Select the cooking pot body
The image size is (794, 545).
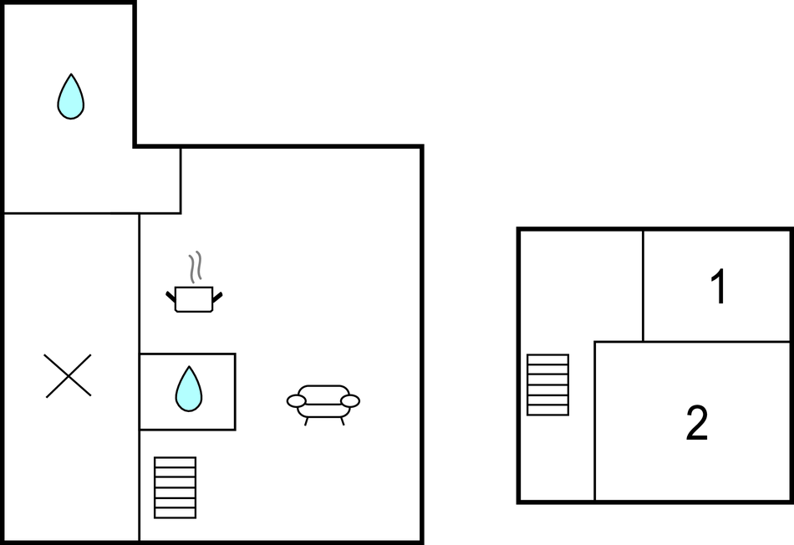tap(193, 299)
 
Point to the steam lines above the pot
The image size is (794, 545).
tap(196, 267)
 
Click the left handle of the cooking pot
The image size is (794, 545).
tap(171, 298)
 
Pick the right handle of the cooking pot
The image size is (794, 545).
tap(217, 298)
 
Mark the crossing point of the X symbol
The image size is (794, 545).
tap(68, 376)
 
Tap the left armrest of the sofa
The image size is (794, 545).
tap(296, 401)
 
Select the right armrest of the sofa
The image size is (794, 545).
tap(350, 401)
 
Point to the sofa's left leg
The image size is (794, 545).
tap(307, 421)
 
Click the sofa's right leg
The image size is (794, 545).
tap(343, 421)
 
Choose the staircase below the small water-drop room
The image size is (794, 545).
tap(176, 488)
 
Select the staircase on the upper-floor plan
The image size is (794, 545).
tap(548, 385)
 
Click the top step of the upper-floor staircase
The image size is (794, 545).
tap(548, 359)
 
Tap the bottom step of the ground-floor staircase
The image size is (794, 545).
tap(176, 513)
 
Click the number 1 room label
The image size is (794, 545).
tap(719, 286)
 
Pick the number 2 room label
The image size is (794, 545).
tap(697, 422)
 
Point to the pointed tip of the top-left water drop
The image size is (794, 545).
tap(71, 74)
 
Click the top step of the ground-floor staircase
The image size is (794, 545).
tap(176, 462)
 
